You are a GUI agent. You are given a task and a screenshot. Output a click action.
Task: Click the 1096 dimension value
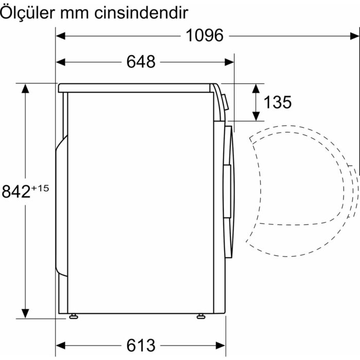coord(204,35)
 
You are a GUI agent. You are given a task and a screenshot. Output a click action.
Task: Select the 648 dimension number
coord(140,62)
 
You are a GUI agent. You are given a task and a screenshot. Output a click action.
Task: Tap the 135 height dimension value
coord(277,102)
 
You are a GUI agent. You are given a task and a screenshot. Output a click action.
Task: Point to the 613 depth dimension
coord(140,345)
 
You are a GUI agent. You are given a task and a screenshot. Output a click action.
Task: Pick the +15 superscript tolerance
coord(40,188)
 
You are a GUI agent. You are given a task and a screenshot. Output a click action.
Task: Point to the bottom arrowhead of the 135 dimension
coord(255,116)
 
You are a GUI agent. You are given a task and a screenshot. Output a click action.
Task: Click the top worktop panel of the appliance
coord(136,88)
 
